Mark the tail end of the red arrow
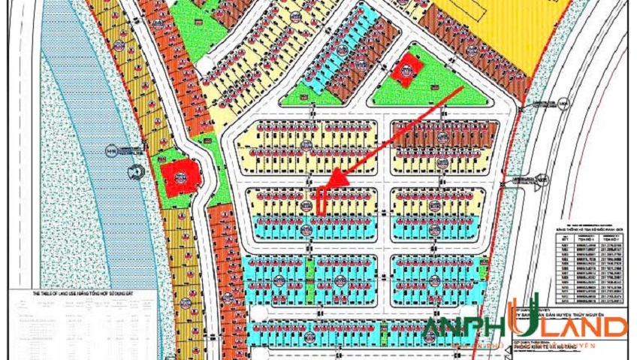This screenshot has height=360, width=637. tap(462, 88)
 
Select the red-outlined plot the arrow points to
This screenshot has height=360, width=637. tap(321, 199)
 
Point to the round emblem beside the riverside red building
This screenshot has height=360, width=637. tap(137, 172)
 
